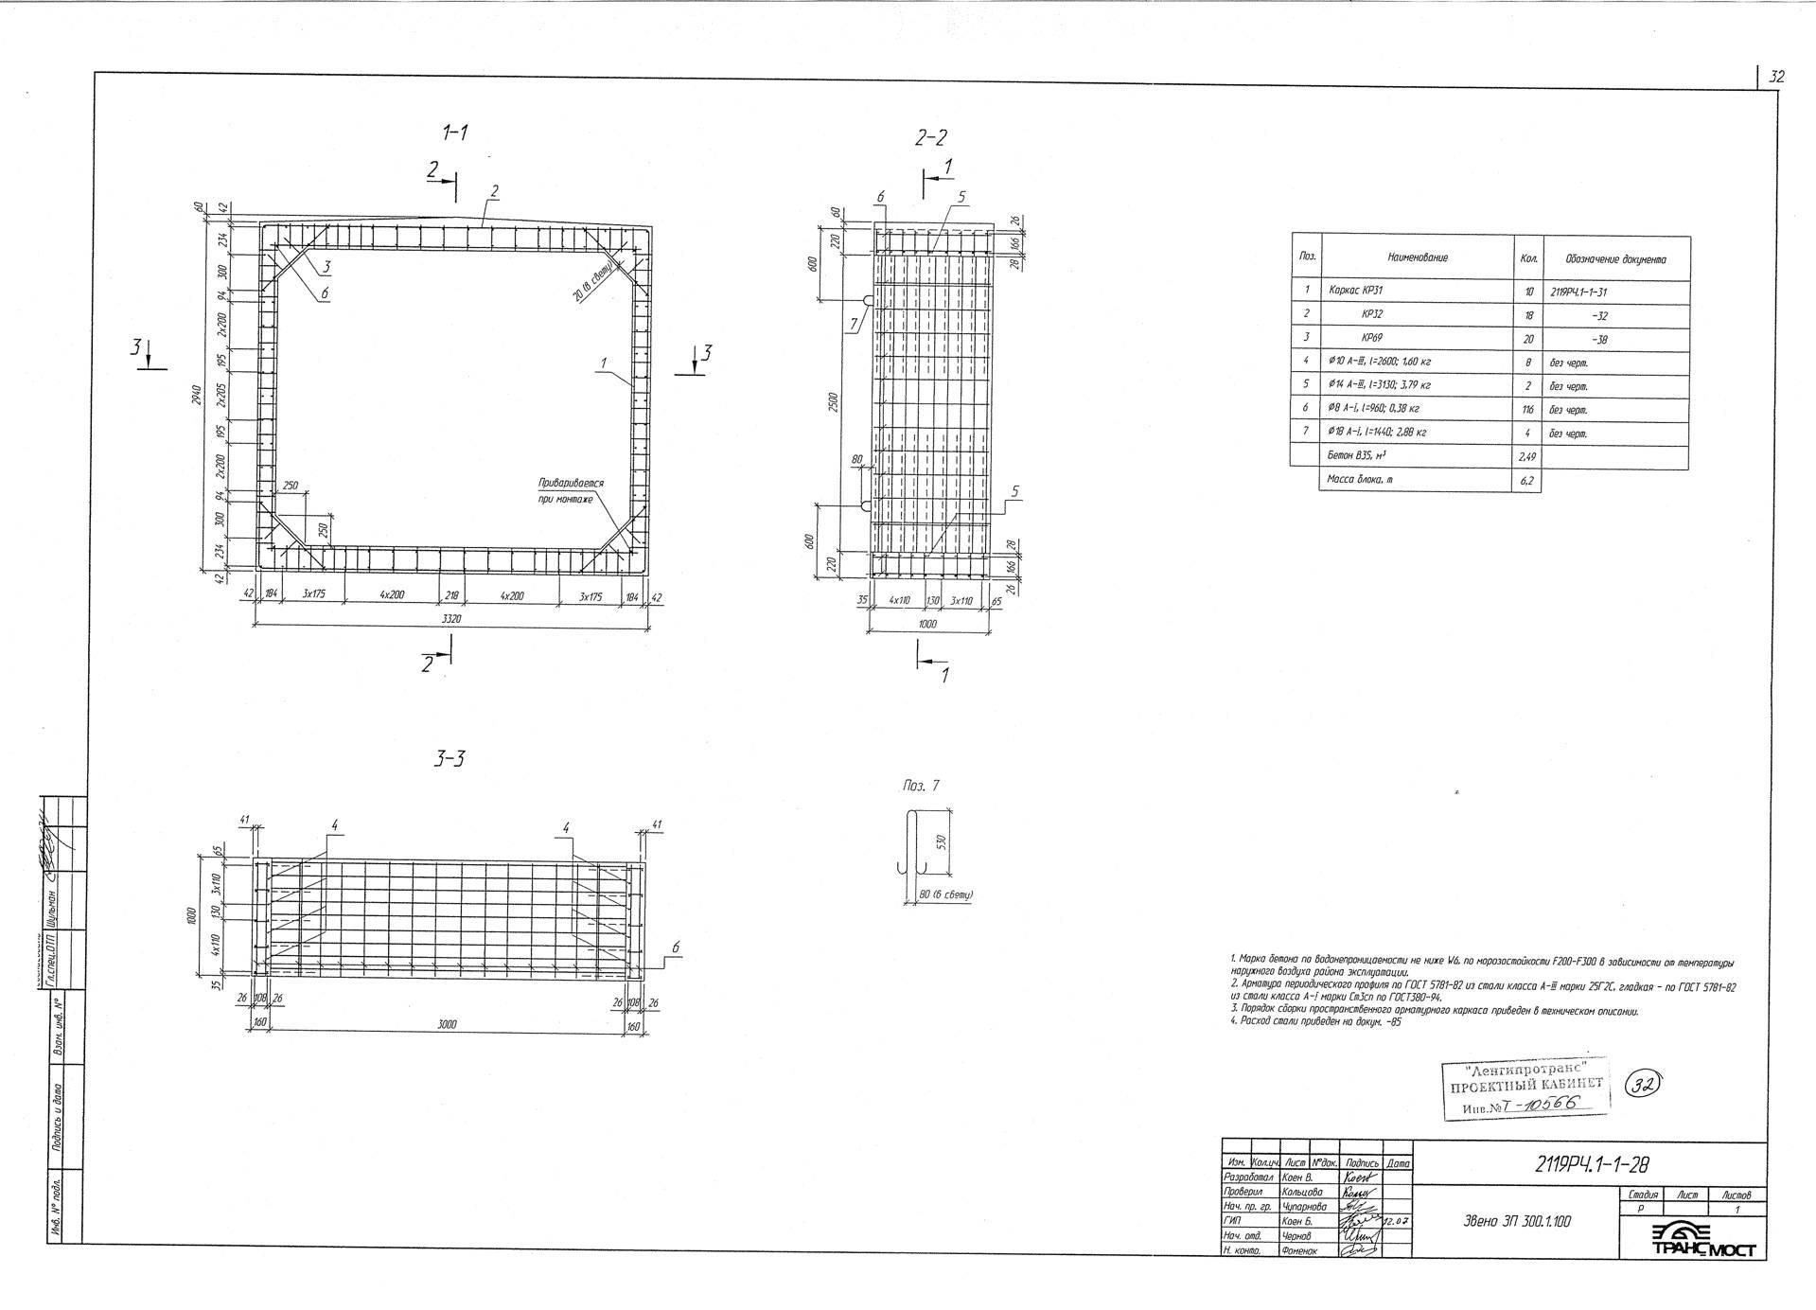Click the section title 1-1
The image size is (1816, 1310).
click(456, 133)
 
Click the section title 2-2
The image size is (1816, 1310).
click(930, 138)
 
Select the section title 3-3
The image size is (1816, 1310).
click(450, 759)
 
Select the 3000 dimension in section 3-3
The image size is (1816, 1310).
click(450, 1025)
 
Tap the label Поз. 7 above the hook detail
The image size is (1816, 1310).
click(921, 786)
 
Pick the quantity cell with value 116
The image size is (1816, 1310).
click(1527, 409)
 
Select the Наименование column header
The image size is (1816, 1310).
click(1417, 257)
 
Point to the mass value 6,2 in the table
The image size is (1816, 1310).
click(1526, 480)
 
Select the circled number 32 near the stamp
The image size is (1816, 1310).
click(1645, 1087)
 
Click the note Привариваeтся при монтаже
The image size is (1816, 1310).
click(571, 490)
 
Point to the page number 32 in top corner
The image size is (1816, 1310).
click(1775, 78)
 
